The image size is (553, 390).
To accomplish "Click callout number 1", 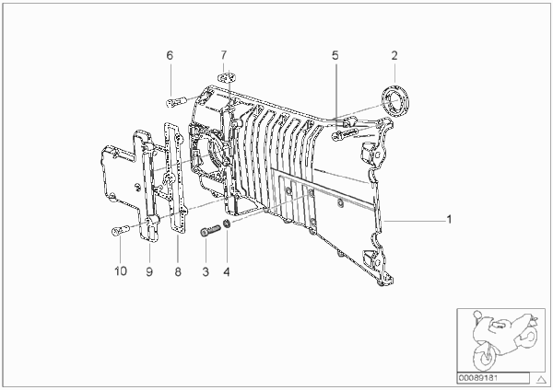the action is coord(449,219).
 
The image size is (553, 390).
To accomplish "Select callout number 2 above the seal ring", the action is coord(394,55).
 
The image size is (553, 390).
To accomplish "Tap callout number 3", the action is coord(206,271).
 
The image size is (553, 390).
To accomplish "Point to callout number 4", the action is coord(227,271).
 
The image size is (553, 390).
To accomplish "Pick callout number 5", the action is coord(335,55).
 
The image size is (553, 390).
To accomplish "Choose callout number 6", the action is coord(170,55).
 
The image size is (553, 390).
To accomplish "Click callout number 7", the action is coord(224,55).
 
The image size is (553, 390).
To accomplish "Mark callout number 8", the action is coord(178,271).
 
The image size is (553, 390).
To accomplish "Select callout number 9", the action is coord(149,271).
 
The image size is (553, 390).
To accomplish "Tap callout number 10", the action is coord(120,271).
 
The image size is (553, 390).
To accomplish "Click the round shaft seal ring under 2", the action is coord(395,98).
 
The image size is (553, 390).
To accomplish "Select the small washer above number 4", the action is coord(228,223).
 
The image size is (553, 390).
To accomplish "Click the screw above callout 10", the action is coord(120,231).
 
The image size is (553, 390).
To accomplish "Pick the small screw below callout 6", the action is coord(174,102).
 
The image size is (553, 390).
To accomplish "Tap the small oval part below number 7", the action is coord(226,77).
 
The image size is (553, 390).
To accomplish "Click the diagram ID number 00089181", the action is coord(477,379).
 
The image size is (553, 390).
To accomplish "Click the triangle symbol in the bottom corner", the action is coord(541,380).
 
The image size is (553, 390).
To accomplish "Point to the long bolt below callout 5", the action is coord(344,134).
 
